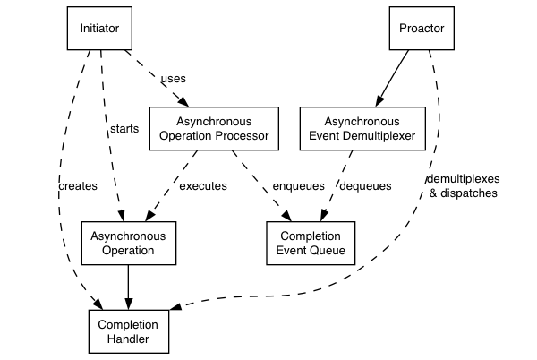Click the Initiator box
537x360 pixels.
pyautogui.click(x=99, y=29)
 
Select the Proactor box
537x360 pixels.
pyautogui.click(x=422, y=29)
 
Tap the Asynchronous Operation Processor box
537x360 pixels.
pyautogui.click(x=213, y=129)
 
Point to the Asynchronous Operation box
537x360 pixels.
pyautogui.click(x=128, y=242)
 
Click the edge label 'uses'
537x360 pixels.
pyautogui.click(x=173, y=79)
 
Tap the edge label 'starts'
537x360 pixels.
pyautogui.click(x=124, y=129)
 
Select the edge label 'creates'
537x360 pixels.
pyautogui.click(x=76, y=186)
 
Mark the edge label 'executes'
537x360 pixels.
pyautogui.click(x=203, y=186)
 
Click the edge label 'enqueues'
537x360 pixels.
pyautogui.click(x=297, y=186)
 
